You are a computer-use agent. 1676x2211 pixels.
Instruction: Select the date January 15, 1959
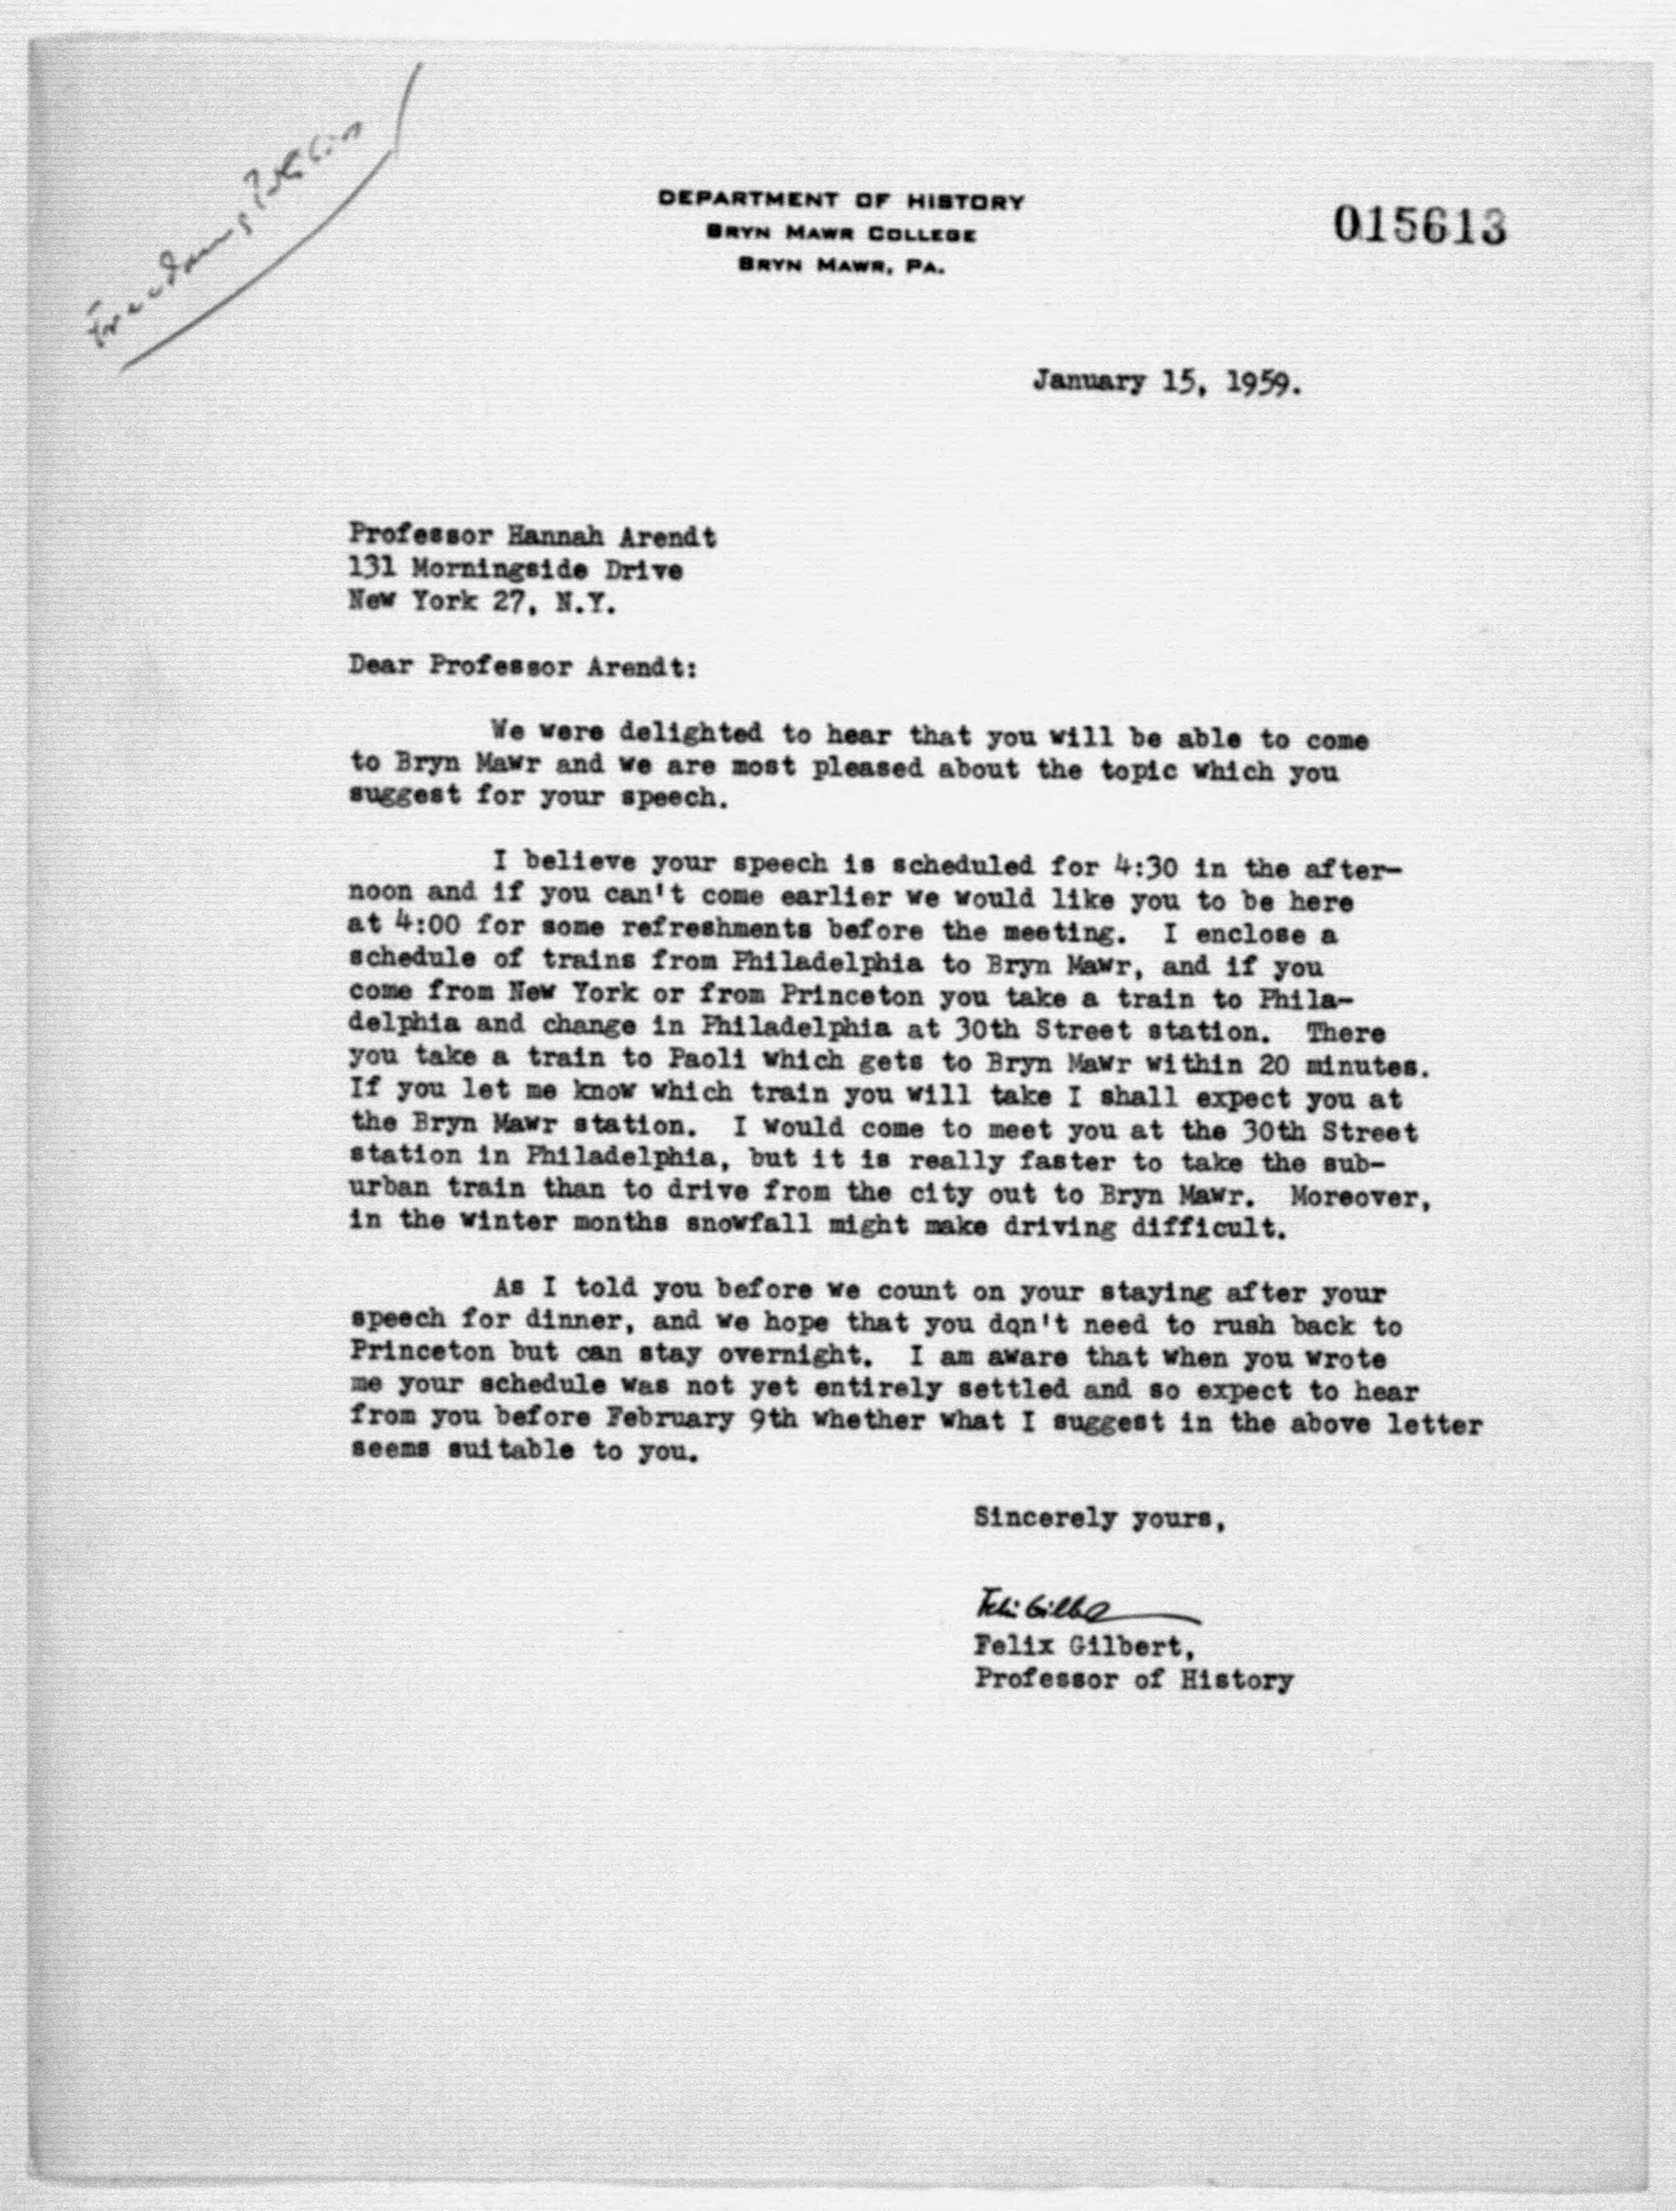point(1166,383)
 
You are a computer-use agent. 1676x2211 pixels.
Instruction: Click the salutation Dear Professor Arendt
point(521,667)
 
